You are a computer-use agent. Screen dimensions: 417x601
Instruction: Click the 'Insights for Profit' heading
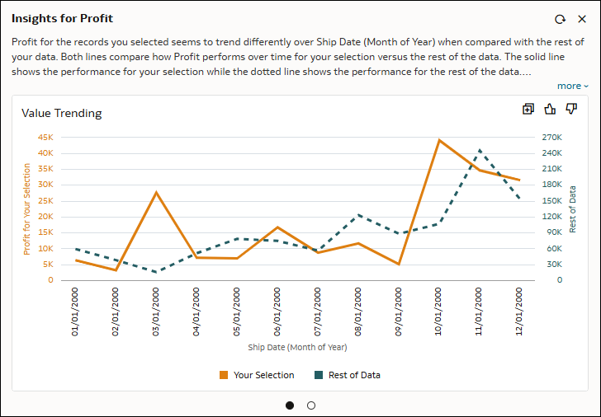[x=63, y=18]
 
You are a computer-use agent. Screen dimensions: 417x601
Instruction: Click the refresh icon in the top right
[x=560, y=19]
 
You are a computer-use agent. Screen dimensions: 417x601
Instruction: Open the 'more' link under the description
[x=572, y=86]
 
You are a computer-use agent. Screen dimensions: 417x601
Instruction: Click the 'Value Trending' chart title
[x=62, y=113]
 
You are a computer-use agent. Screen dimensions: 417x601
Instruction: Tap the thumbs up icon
[x=550, y=109]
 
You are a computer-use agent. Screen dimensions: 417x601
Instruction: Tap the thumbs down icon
[x=571, y=109]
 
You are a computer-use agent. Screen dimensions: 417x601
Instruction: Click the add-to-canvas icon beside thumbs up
[x=528, y=109]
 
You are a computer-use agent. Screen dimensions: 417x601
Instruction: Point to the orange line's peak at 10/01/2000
[x=439, y=140]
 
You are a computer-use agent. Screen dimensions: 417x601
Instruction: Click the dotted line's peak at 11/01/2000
[x=480, y=150]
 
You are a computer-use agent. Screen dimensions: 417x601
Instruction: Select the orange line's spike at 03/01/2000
[x=156, y=192]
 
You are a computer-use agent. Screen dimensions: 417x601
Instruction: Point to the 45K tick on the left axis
[x=45, y=137]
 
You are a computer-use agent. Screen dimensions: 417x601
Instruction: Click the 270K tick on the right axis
[x=551, y=137]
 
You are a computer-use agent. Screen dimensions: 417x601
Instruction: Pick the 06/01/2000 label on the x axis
[x=277, y=312]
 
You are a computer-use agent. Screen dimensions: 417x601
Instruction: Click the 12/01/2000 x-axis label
[x=519, y=312]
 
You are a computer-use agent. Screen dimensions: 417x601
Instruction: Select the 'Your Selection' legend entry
[x=257, y=375]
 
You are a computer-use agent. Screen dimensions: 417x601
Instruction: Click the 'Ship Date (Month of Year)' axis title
[x=297, y=347]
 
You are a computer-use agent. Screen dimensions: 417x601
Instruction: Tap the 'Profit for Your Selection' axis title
[x=26, y=209]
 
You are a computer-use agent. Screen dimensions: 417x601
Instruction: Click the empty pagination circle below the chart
[x=311, y=405]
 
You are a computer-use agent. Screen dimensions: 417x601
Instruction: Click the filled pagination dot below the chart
[x=290, y=405]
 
